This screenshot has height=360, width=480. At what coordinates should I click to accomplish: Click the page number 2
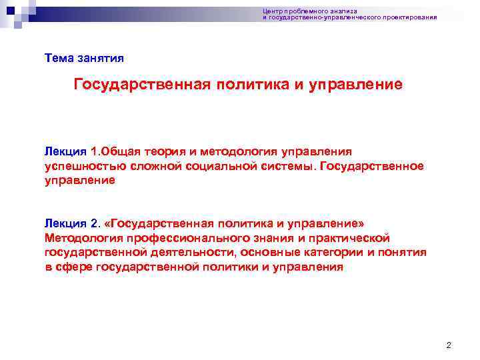(449, 345)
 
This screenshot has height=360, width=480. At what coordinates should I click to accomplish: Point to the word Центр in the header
(272, 11)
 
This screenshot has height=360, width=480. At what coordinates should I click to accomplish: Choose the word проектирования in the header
(413, 17)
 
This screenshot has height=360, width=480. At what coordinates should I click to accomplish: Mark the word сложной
(147, 165)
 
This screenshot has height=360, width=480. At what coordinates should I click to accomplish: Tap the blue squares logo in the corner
(19, 12)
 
